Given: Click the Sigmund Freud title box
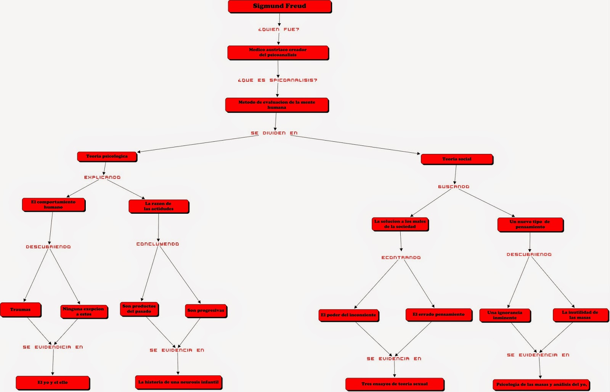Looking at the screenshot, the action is point(280,6).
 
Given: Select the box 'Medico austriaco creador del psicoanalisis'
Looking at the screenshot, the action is point(278,53).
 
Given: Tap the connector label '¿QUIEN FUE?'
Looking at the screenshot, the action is point(279,29).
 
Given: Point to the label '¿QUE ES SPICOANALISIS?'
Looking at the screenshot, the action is point(278,80).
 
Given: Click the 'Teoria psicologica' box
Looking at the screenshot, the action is point(107,157).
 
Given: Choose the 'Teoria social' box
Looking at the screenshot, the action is point(457,159).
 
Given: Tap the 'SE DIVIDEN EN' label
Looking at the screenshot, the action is point(274,133).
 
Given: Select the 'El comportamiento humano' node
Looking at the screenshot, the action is point(54,205).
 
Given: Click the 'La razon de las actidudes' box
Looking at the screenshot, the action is point(159,206).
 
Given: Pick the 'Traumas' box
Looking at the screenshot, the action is point(21,310).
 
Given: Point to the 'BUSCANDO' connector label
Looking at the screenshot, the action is point(454,187).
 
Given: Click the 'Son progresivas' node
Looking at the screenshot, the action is point(206,311).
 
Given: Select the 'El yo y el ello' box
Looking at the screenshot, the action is point(53,383).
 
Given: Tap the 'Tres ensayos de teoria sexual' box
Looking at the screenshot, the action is point(395,384).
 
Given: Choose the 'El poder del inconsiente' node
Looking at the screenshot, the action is point(348,315).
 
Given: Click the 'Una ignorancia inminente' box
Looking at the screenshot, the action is point(505,315).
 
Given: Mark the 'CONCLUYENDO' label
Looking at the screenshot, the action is point(158,244).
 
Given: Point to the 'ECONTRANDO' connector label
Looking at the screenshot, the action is point(401,258).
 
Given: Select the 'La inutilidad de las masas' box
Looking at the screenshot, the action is point(581,315).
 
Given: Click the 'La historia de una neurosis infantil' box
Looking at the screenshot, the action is point(179,382).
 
